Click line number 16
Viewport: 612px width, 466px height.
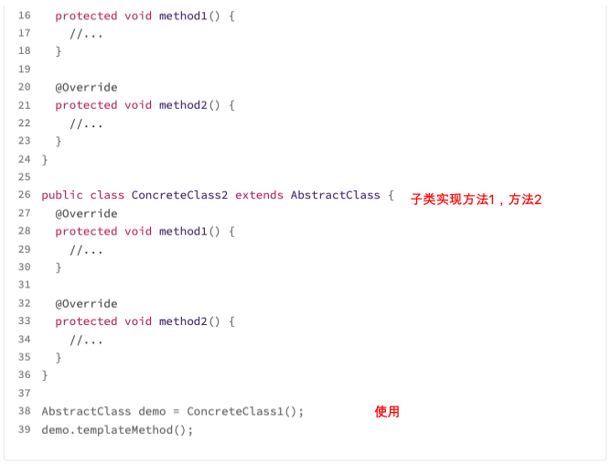(24, 16)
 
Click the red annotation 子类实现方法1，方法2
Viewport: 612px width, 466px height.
(476, 199)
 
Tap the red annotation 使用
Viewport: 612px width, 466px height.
(387, 411)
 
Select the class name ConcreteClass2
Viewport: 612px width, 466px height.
(180, 195)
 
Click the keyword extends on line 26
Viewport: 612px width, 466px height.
(260, 195)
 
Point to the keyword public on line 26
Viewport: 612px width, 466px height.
(62, 195)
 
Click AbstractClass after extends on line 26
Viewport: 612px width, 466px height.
(335, 195)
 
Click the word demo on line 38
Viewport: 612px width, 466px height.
(152, 411)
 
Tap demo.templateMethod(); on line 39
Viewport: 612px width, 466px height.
(118, 429)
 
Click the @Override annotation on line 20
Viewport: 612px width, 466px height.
(86, 87)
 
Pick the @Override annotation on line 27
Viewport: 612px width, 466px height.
(86, 213)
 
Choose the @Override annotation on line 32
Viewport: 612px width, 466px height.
(86, 303)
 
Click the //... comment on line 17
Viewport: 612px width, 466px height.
(87, 34)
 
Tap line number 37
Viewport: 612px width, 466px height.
(24, 393)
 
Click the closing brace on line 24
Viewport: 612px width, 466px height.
(45, 159)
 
